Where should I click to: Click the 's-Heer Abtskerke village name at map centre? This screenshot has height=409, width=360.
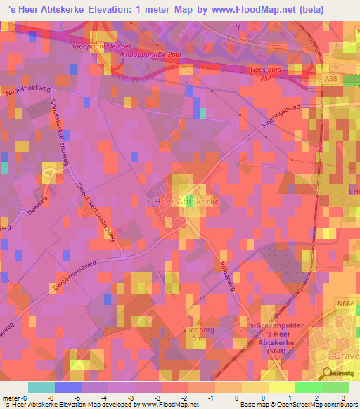[x=182, y=202]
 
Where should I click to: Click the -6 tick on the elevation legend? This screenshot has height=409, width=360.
[x=26, y=398]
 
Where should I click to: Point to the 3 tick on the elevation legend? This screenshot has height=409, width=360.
[x=342, y=398]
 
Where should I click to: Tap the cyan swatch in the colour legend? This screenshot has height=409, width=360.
[x=41, y=387]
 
